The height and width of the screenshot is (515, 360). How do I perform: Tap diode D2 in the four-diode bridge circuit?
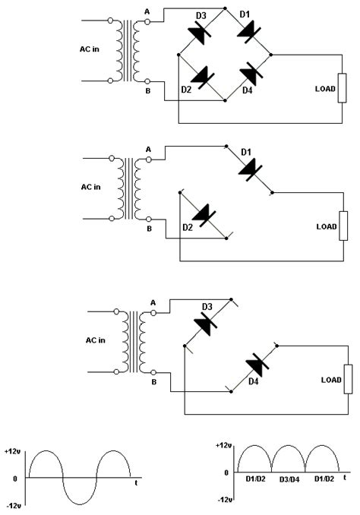202,76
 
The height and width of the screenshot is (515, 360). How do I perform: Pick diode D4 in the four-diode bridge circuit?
249,76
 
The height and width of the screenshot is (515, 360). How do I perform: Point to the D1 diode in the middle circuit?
248,168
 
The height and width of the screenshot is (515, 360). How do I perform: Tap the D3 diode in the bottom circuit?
207,324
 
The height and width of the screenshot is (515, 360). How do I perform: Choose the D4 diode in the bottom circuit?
253,371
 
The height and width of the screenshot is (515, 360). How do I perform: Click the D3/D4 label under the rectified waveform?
289,479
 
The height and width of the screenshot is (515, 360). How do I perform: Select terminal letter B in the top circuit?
147,93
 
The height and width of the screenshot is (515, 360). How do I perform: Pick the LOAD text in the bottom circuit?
332,380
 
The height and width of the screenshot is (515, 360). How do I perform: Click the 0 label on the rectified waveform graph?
226,472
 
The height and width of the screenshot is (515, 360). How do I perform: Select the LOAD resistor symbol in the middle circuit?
343,226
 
